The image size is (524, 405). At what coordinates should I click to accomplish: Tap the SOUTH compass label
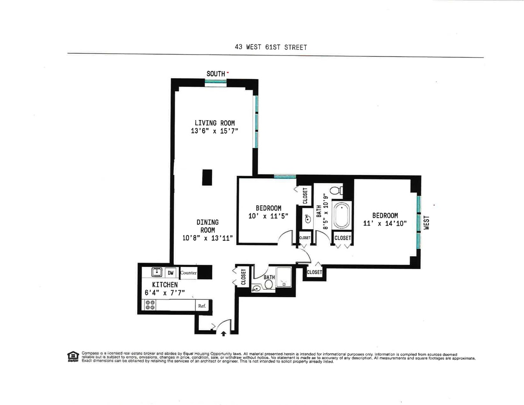(x=216, y=74)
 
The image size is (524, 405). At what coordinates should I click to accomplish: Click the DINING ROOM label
(x=207, y=226)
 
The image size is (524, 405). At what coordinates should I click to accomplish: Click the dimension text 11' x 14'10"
(x=385, y=223)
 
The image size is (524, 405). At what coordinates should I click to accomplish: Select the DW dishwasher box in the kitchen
(x=171, y=273)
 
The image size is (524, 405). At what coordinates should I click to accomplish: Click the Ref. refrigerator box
(x=202, y=306)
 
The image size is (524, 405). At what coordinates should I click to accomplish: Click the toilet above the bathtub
(x=336, y=190)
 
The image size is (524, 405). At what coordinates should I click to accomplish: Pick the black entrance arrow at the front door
(x=224, y=333)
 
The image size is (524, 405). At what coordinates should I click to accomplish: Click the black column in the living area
(x=207, y=178)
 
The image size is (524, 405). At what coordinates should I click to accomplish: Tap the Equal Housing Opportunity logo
(x=73, y=357)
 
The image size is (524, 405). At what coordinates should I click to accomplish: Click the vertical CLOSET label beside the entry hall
(x=243, y=277)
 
